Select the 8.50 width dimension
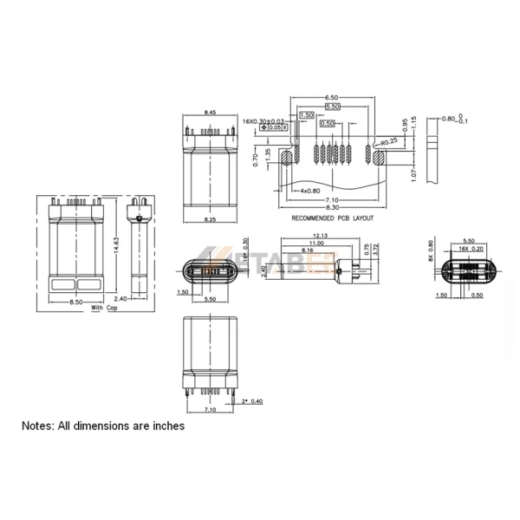pyautogui.click(x=76, y=302)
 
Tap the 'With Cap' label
pyautogui.click(x=104, y=309)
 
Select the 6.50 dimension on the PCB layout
pyautogui.click(x=331, y=97)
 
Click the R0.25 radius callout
pyautogui.click(x=388, y=139)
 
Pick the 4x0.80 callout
pyautogui.click(x=309, y=190)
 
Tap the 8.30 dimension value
pyautogui.click(x=331, y=208)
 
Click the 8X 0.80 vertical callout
pyautogui.click(x=431, y=250)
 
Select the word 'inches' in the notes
pyautogui.click(x=165, y=426)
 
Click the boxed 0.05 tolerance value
pyautogui.click(x=277, y=127)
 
